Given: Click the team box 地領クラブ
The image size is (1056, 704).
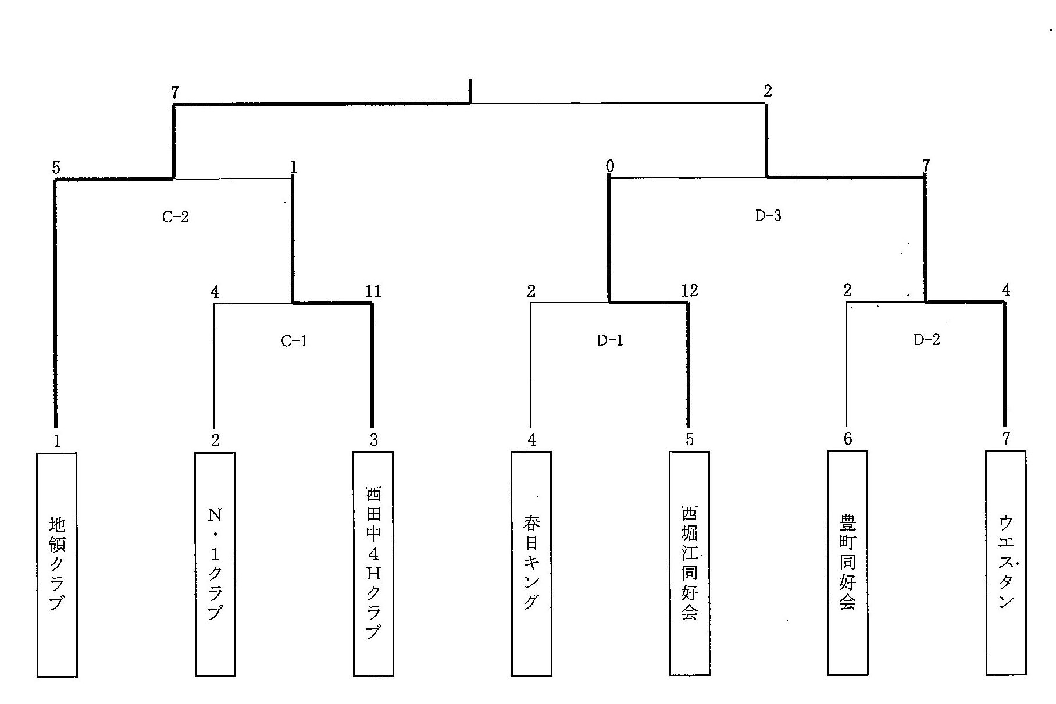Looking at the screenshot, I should tap(57, 564).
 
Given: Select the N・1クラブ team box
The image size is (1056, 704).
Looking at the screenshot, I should tap(215, 564).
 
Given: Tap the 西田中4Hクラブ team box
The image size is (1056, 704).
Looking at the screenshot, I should tap(373, 564).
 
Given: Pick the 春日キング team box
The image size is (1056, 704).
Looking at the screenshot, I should tap(531, 563).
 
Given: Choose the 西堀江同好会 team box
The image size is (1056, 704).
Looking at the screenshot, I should tap(690, 563).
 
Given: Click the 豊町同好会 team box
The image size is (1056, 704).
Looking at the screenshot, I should tap(848, 563).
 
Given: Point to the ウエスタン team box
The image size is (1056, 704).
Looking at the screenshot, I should tap(1006, 563).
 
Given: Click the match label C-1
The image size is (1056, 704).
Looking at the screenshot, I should tap(294, 341).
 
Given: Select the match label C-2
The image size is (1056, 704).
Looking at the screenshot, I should tap(175, 217).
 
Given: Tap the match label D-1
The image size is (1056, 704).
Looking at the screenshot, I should tap(610, 340).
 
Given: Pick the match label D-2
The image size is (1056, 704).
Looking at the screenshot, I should tap(926, 340).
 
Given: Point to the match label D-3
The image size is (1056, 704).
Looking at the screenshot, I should tap(768, 216).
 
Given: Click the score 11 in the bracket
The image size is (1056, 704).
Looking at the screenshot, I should tap(373, 291).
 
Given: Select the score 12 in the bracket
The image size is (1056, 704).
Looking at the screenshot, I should tap(689, 290).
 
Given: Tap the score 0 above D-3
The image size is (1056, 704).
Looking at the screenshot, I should tap(609, 167).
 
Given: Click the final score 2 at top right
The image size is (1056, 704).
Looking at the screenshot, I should tap(768, 91).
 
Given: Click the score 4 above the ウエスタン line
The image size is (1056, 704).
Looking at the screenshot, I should tap(1006, 290).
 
